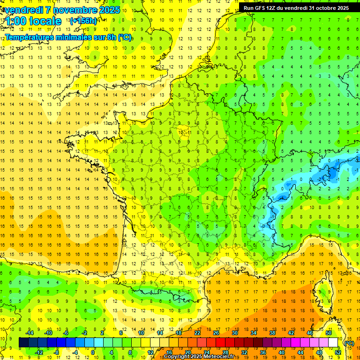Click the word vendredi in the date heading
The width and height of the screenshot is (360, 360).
click(23, 10)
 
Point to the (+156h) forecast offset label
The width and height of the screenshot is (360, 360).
click(83, 21)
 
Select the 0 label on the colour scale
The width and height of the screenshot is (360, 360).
click(93, 352)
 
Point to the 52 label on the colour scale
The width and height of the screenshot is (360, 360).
click(337, 352)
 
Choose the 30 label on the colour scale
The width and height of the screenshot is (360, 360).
click(235, 333)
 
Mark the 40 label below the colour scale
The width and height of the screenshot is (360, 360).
click(282, 352)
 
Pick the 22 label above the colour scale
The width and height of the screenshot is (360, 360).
click(197, 333)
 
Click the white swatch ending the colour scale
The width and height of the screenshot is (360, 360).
click(333, 343)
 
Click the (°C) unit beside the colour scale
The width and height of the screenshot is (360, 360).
click(349, 343)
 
